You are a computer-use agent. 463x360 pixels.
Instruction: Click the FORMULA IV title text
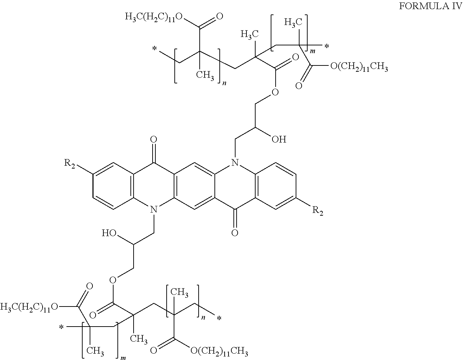tap(431, 6)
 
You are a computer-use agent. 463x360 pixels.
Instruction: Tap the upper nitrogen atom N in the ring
tap(235, 163)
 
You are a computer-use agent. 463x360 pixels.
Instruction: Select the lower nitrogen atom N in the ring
tap(154, 209)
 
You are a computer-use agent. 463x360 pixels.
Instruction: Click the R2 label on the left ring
tap(70, 164)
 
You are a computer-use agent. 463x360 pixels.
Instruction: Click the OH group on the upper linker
tap(279, 139)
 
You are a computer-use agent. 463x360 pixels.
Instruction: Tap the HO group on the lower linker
tap(109, 233)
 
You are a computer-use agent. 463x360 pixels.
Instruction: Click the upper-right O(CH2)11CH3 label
tap(359, 67)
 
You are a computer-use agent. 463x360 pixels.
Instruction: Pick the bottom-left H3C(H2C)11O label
tap(29, 307)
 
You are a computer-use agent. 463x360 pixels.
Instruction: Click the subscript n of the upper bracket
tap(224, 83)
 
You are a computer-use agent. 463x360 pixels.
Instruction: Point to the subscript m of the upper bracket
tap(313, 51)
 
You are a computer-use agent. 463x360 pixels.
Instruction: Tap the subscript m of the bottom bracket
tap(123, 358)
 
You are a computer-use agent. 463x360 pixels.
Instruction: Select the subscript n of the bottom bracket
tap(203, 317)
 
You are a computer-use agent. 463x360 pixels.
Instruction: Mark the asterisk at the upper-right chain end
tap(327, 46)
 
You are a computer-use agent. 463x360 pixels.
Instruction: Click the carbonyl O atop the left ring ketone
tap(153, 140)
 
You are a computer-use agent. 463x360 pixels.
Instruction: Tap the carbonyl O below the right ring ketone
tap(235, 233)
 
